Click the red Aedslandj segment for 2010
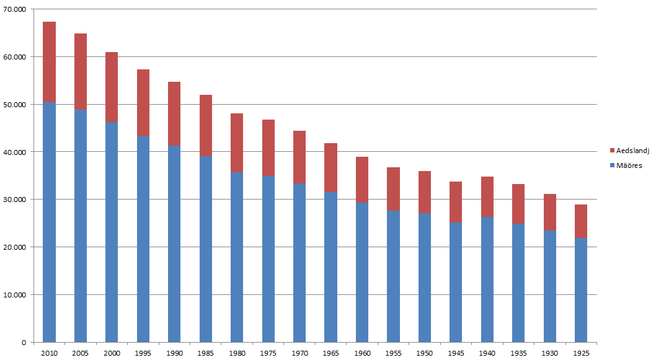tap(49, 62)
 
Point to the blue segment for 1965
tap(330, 266)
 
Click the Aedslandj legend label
tap(633, 151)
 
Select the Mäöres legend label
tap(630, 165)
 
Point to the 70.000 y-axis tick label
tap(14, 10)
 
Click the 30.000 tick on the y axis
tap(14, 200)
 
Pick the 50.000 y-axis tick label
tap(14, 105)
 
